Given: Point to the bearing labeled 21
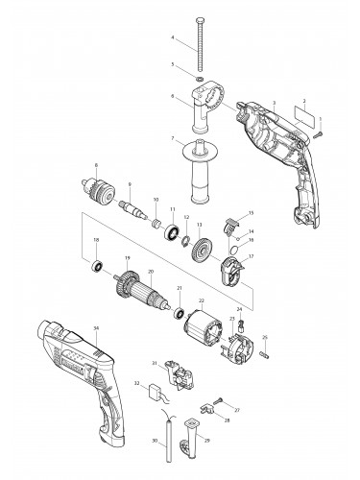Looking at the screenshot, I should pyautogui.click(x=180, y=312).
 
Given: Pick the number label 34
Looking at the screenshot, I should pyautogui.click(x=96, y=327).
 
